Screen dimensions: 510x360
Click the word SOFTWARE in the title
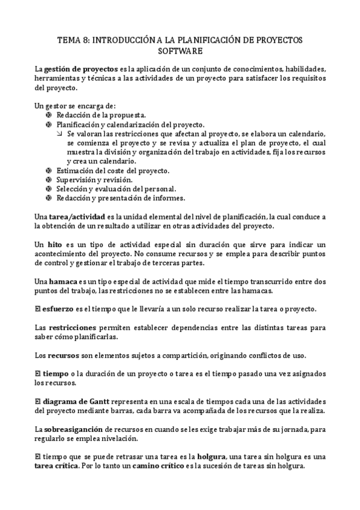(180, 51)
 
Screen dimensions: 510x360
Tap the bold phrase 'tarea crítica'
(58, 466)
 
